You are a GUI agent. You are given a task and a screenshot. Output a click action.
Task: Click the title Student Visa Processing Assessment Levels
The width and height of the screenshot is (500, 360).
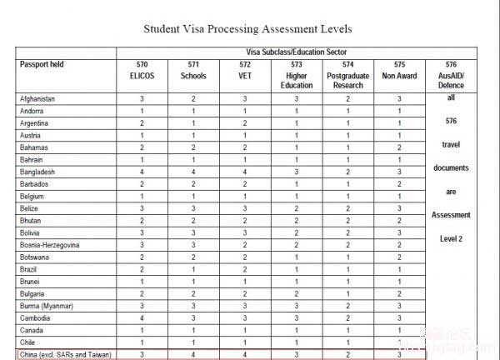pyautogui.click(x=247, y=29)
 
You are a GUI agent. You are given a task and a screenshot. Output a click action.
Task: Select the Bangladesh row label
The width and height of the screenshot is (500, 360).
pyautogui.click(x=38, y=171)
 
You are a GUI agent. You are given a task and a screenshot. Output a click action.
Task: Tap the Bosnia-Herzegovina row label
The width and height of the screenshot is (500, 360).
pyautogui.click(x=49, y=245)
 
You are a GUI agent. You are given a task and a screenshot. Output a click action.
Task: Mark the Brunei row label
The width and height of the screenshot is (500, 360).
pyautogui.click(x=31, y=282)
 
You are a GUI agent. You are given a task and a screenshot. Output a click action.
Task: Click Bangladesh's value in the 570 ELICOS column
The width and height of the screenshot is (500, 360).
pyautogui.click(x=142, y=171)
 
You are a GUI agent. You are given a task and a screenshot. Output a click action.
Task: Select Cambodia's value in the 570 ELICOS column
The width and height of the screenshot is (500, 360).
pyautogui.click(x=142, y=317)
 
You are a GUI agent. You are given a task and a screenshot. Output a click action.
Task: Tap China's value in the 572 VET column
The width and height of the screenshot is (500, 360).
pyautogui.click(x=244, y=354)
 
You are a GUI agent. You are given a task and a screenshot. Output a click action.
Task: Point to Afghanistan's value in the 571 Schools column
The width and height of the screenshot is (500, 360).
pyautogui.click(x=193, y=99)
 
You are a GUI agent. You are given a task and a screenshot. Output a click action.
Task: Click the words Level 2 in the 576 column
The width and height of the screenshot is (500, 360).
pyautogui.click(x=451, y=238)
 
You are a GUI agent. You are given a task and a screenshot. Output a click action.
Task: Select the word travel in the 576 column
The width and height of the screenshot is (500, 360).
pyautogui.click(x=451, y=143)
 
